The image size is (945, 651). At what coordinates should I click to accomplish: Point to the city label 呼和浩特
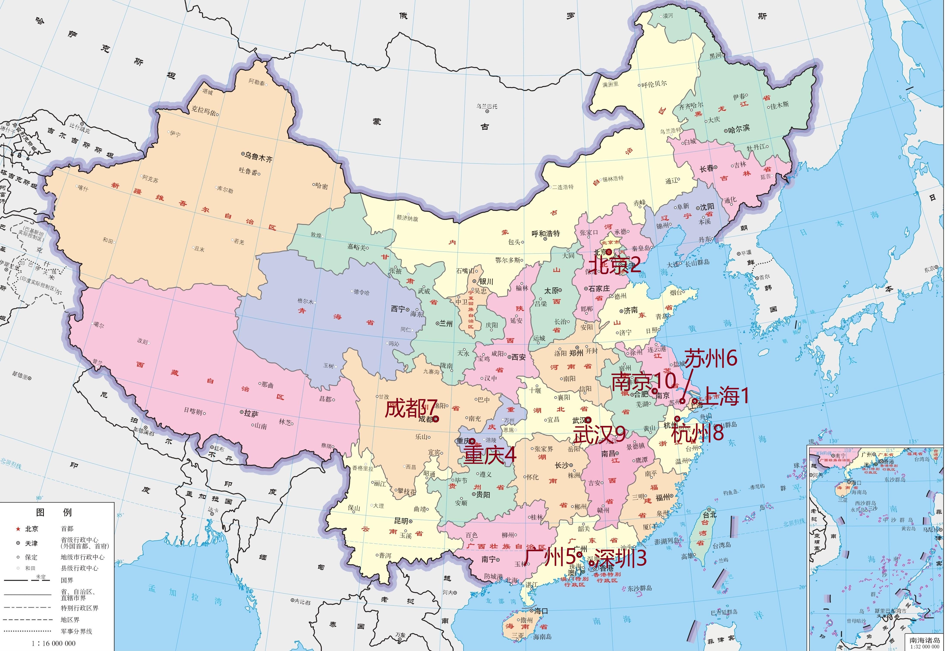point(546,234)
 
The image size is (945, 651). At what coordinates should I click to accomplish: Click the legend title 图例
point(54,512)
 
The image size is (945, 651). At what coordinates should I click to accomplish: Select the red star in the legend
point(18,529)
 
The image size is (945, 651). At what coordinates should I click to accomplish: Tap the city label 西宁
point(398,309)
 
